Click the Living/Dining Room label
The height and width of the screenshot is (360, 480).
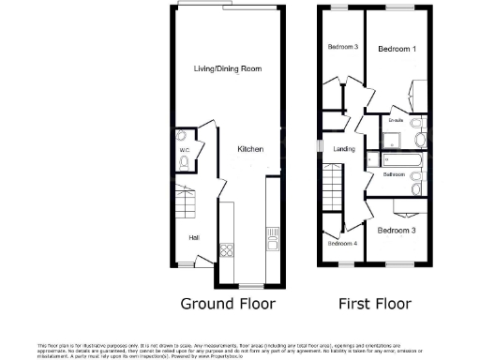pos(227,69)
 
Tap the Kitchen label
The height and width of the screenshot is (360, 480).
pos(249,150)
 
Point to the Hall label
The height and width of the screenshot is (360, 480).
pos(193,237)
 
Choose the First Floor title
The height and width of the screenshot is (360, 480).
pos(374,304)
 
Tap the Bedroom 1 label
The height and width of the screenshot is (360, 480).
pos(397,48)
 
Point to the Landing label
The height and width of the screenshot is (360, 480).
pos(345,148)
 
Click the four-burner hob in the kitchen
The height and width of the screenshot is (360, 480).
pos(226,249)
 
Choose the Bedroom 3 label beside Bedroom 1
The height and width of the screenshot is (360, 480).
pos(342,48)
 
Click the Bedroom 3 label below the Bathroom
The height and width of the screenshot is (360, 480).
pos(396,230)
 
